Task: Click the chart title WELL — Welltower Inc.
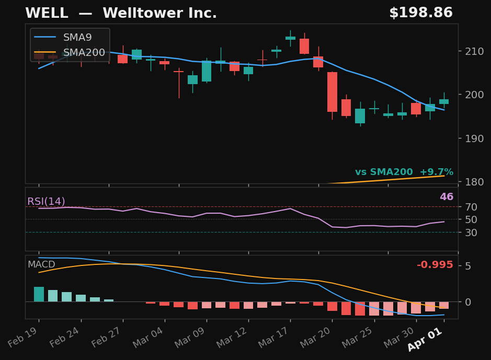pos(121,14)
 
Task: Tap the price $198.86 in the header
pos(420,14)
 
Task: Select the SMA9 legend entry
pos(77,38)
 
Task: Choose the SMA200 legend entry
pos(84,53)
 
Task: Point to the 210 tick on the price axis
pos(472,51)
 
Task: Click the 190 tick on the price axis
pos(472,138)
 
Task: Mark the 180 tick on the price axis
pos(472,182)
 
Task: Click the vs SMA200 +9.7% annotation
pos(404,172)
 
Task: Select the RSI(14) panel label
pos(46,202)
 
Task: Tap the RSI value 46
pos(446,197)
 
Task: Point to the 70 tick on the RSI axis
pos(470,207)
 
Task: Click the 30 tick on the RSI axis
pos(470,233)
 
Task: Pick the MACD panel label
pos(41,265)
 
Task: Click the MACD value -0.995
pos(435,265)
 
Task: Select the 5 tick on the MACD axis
pos(467,266)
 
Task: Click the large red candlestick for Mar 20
pos(332,92)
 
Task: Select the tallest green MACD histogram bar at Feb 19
pos(39,294)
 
